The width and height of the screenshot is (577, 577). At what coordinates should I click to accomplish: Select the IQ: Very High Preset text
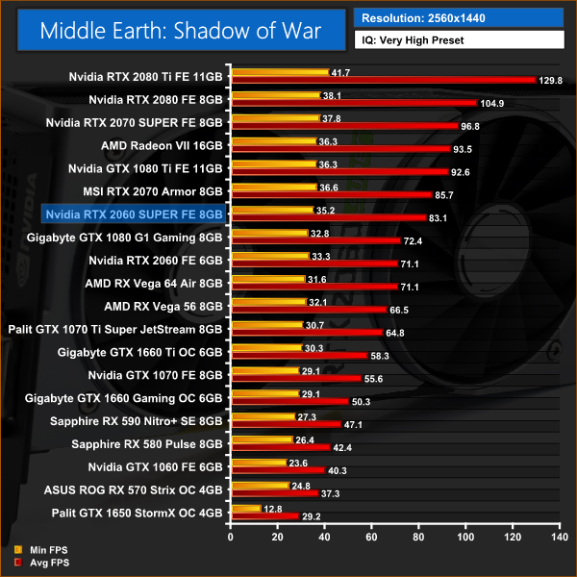point(414,40)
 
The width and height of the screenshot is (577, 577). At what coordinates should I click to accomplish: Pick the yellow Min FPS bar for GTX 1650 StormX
point(244,508)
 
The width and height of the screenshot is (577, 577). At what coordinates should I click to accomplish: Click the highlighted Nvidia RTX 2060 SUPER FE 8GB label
point(135,213)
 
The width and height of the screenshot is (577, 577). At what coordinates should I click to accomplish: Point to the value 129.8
point(551,81)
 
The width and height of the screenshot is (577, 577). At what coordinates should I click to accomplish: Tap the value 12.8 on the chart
point(274,508)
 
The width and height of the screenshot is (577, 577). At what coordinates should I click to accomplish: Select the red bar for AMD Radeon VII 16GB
point(339,149)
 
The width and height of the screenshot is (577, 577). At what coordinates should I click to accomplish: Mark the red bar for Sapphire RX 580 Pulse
point(279,447)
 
